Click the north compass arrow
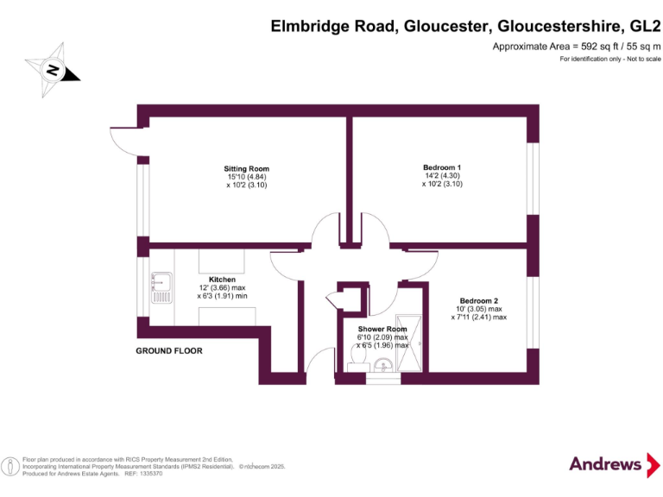53,70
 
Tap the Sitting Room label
247,169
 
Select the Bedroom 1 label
442,167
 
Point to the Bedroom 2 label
477,300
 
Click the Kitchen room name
222,280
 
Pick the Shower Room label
382,330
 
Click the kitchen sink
161,287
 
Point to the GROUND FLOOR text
169,351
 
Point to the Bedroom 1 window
533,180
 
